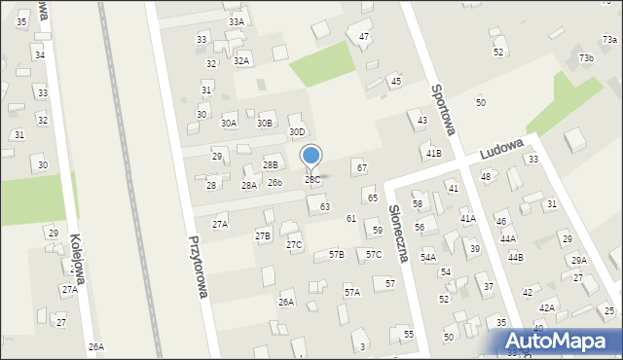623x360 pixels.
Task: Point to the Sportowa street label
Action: coord(446,107)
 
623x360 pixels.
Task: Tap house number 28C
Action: coord(311,180)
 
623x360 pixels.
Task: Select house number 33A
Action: coord(237,21)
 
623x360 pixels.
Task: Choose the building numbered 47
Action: coord(364,37)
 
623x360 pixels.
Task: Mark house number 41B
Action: coord(432,153)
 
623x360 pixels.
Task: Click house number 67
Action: coord(361,168)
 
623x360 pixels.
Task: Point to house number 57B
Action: coord(337,254)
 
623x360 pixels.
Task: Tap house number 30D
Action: coord(297,132)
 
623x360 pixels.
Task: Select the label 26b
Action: coord(275,183)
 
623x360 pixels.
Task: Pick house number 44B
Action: coord(514,257)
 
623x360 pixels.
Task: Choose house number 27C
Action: coord(294,244)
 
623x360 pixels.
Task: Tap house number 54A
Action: coord(428,257)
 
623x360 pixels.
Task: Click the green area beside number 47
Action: coord(324,65)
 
